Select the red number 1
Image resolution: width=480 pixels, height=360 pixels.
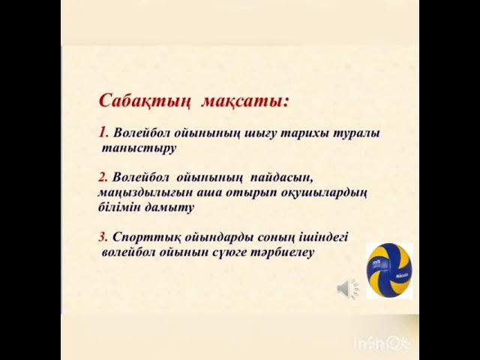pos(103,132)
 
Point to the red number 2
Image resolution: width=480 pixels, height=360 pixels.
pos(103,177)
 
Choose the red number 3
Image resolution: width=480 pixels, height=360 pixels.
pos(103,236)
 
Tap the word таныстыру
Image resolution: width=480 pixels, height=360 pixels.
pos(139,148)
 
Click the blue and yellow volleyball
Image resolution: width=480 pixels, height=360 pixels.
pos(388,270)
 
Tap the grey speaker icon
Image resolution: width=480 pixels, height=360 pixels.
pos(347,289)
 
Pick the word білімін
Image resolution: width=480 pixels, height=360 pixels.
pos(122,208)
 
